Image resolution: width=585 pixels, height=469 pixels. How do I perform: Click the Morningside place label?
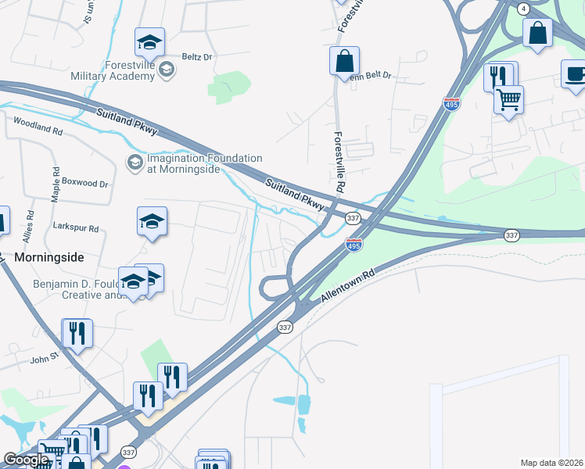coord(48,256)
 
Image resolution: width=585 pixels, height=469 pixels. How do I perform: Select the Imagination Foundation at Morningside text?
coord(204,163)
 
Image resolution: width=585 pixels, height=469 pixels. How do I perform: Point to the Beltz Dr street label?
coord(196,57)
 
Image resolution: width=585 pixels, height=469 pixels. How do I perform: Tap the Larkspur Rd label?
coord(76,229)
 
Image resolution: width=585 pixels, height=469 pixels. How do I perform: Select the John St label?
coord(45,360)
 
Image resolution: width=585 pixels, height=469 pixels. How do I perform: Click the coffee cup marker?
coord(576,75)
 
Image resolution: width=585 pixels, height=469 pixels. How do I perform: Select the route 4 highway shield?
coord(522,8)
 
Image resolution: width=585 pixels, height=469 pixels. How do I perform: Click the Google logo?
coord(26,460)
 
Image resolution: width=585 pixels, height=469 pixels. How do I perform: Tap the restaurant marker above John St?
coord(77,334)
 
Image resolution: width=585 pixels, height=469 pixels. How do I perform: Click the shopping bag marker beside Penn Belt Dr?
coord(344,61)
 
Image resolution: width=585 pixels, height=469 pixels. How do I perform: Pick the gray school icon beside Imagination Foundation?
coord(134,163)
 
